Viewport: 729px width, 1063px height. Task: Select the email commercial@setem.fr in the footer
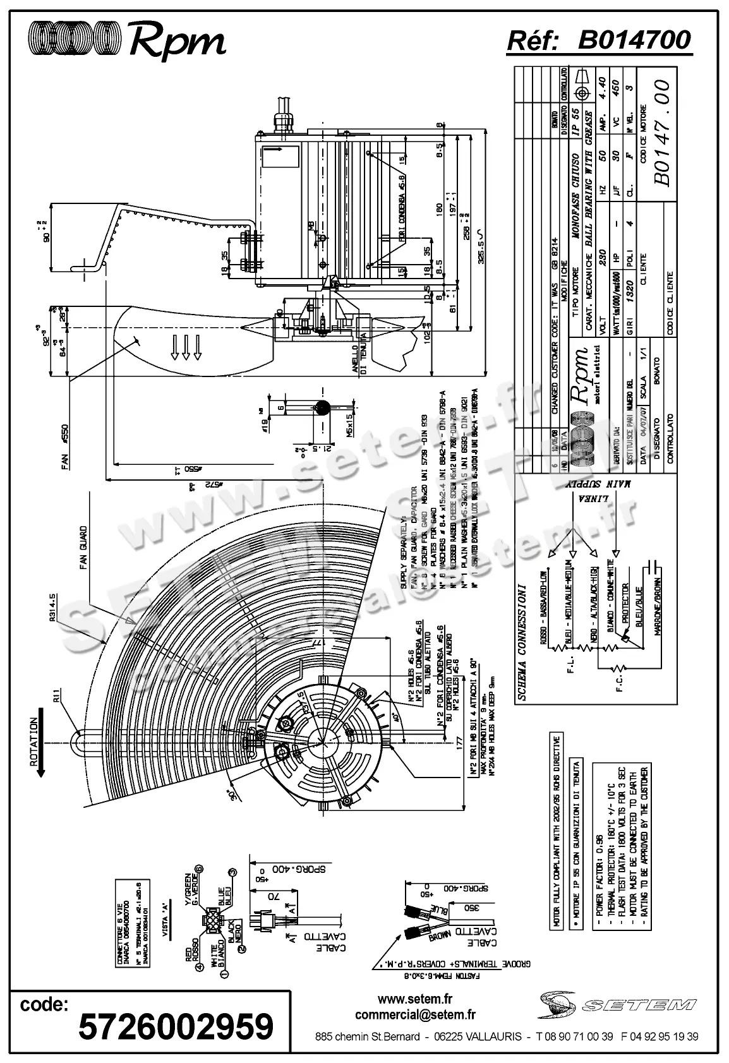tap(415, 1015)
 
